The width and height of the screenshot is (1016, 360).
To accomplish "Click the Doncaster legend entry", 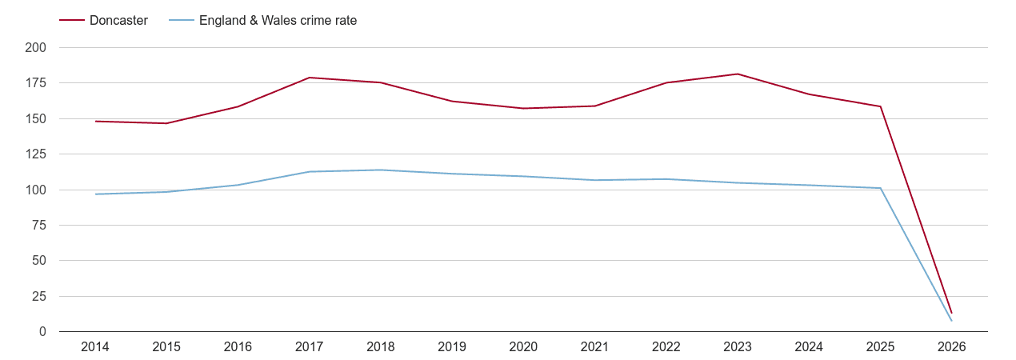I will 118,21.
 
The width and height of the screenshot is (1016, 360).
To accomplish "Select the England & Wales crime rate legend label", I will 278,21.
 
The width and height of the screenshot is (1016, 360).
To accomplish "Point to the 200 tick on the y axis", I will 36,48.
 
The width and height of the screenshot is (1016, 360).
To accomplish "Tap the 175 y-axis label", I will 36,83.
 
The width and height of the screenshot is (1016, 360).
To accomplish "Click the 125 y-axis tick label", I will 36,154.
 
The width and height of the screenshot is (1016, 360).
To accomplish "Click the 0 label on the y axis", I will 42,332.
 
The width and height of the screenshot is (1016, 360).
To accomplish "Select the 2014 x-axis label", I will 95,347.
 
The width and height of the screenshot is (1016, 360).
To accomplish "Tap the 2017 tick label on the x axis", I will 310,347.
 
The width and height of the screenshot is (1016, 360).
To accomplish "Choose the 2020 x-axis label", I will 523,347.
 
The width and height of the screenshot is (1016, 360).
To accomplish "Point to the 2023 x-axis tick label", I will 738,347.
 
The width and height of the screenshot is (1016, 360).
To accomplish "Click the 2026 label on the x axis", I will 952,347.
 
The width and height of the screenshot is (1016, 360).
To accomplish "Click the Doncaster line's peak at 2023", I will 738,74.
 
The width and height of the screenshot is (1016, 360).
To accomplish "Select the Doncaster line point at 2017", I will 310,78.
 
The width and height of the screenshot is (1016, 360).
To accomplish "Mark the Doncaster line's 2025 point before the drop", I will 881,106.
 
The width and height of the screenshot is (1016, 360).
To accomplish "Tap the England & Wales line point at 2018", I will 381,170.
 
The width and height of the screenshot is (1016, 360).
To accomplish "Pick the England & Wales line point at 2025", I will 881,188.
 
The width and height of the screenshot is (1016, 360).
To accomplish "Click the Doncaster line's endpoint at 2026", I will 952,313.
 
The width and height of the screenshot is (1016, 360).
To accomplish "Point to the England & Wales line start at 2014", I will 95,194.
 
